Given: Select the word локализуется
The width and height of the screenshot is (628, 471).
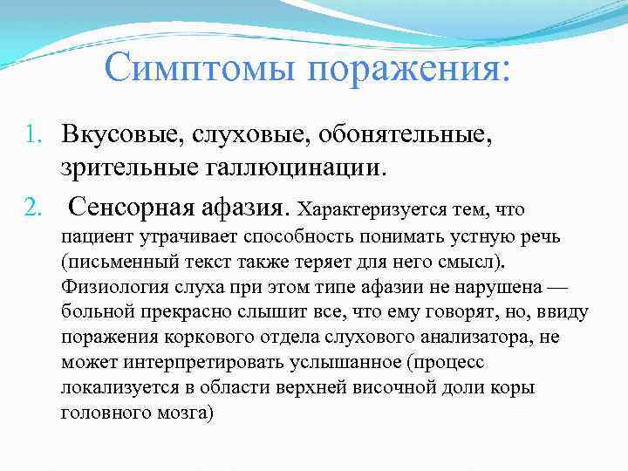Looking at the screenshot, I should (119, 386).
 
